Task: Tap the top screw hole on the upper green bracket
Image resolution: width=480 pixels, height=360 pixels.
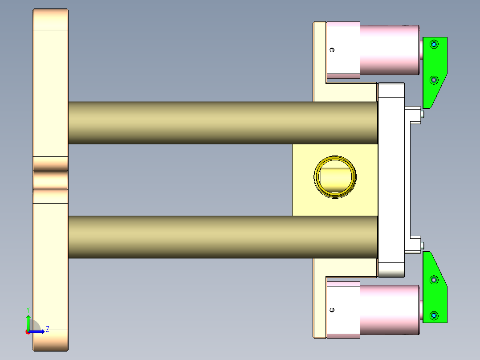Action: point(434,44)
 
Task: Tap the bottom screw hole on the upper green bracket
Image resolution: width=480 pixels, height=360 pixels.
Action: point(434,80)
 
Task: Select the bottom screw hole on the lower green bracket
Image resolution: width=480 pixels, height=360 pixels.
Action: point(434,316)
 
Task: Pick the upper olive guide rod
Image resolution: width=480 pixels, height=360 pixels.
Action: point(223,123)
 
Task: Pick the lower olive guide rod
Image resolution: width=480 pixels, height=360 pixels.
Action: point(223,237)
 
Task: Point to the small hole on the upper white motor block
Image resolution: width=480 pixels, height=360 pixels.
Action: point(332,50)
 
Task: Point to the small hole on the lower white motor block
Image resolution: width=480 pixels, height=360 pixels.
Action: point(332,310)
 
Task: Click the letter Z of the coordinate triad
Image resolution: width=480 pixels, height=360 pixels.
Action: point(47,329)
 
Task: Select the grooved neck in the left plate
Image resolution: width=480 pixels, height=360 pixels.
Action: point(51,180)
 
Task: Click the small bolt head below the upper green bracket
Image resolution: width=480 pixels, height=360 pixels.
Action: point(422,114)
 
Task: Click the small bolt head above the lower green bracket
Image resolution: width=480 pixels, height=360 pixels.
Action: point(422,245)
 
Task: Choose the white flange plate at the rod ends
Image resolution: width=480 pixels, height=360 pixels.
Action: point(391,178)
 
